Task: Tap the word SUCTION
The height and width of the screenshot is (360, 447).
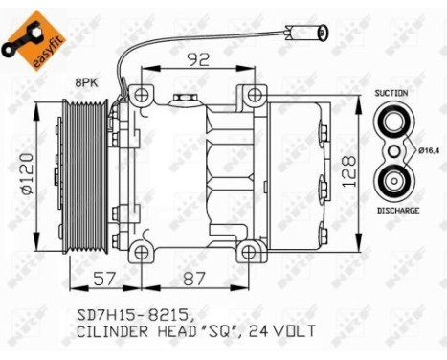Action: point(392,94)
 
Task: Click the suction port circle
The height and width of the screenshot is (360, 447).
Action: point(391,123)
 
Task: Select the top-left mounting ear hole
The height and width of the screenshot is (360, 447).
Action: point(143,96)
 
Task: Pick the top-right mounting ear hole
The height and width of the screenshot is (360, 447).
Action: point(254,96)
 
